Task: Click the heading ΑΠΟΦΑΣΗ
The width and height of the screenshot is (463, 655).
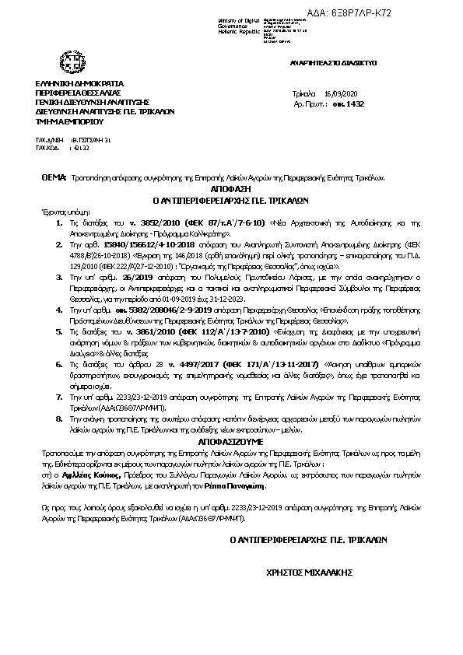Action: [231, 189]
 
